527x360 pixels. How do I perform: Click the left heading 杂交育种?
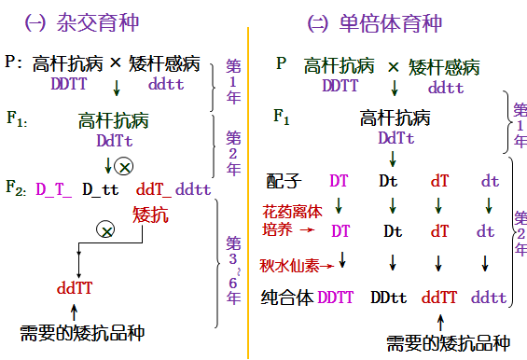pyautogui.click(x=97, y=23)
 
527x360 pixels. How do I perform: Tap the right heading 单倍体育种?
pyautogui.click(x=390, y=23)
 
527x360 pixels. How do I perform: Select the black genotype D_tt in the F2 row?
pyautogui.click(x=101, y=189)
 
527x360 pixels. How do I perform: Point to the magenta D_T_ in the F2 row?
pyautogui.click(x=53, y=189)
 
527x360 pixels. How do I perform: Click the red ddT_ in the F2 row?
pyautogui.click(x=154, y=189)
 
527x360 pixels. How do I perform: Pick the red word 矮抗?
pyautogui.click(x=150, y=215)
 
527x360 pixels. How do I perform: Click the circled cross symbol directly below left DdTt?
pyautogui.click(x=124, y=166)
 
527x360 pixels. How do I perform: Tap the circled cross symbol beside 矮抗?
pyautogui.click(x=105, y=229)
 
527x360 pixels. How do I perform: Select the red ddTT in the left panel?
pyautogui.click(x=75, y=288)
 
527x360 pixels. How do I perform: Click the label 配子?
pyautogui.click(x=284, y=181)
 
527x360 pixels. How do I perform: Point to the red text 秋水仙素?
pyautogui.click(x=289, y=266)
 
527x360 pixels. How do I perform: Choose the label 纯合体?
pyautogui.click(x=287, y=298)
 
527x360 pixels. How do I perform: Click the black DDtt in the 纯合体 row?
pyautogui.click(x=389, y=298)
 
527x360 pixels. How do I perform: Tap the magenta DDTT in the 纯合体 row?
pyautogui.click(x=336, y=298)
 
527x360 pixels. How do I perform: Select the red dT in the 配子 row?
pyautogui.click(x=439, y=181)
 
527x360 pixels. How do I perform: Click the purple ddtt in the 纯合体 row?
pyautogui.click(x=489, y=298)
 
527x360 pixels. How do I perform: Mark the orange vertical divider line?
pyautogui.click(x=248, y=193)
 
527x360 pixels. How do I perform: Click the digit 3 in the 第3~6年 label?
pyautogui.click(x=233, y=259)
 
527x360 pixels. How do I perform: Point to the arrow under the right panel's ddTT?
pyautogui.click(x=440, y=323)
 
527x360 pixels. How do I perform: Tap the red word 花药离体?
pyautogui.click(x=292, y=212)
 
